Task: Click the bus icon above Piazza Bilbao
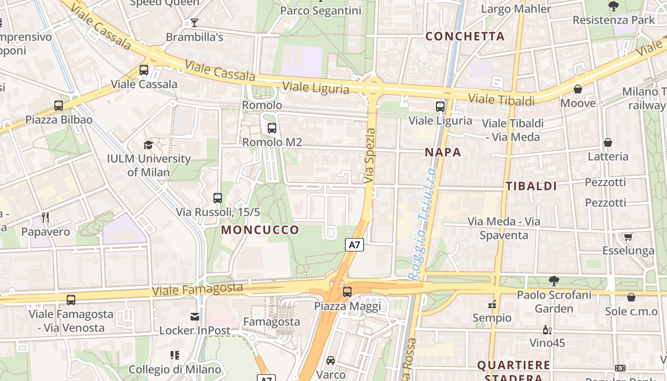(59, 106)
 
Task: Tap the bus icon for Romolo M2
(272, 128)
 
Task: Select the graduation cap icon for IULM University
(149, 144)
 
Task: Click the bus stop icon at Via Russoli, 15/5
(218, 198)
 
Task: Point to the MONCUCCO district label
(260, 230)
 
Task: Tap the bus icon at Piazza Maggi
(347, 292)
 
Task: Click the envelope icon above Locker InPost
(195, 316)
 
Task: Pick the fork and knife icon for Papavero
(45, 218)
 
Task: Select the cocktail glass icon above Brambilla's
(194, 22)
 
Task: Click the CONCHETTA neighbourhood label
(465, 36)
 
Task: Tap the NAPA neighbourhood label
(443, 152)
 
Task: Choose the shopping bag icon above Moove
(578, 89)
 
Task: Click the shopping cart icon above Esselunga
(628, 237)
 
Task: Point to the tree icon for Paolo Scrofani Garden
(554, 281)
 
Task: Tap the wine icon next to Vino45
(547, 330)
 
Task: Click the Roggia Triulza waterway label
(423, 224)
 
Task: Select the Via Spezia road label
(370, 156)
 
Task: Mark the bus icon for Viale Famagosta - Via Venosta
(71, 300)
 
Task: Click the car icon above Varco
(331, 361)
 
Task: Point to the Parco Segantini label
(321, 10)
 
